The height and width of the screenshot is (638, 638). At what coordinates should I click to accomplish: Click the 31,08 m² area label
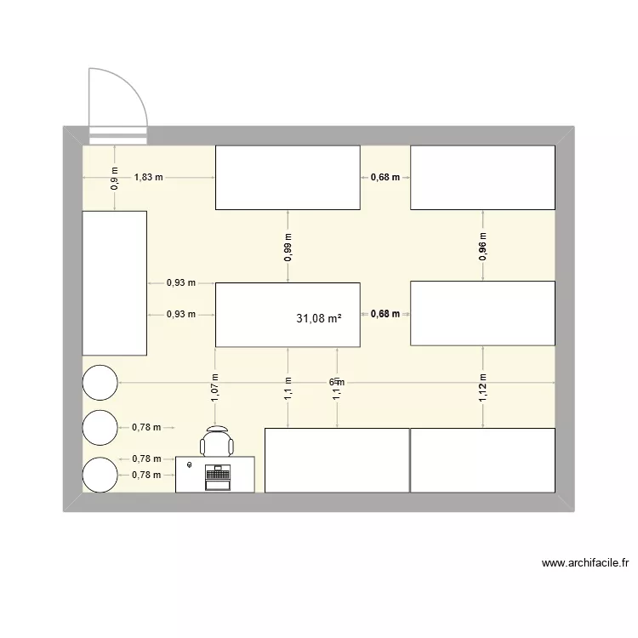319,319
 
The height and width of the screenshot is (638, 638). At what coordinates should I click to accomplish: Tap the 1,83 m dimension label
149,177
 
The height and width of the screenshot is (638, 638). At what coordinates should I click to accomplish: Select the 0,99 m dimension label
288,245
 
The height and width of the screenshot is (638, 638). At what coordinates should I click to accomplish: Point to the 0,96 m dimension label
482,245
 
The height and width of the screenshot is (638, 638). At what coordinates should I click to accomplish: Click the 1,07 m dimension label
215,387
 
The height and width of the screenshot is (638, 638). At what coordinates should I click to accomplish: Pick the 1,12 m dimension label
482,387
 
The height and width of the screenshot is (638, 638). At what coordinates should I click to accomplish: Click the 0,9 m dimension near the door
115,177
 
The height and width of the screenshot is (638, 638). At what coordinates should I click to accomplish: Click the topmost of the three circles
100,382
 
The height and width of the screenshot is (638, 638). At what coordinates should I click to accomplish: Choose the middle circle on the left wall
100,428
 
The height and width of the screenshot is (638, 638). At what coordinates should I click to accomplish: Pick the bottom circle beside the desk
100,475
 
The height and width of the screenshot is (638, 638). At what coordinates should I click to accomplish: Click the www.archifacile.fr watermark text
584,563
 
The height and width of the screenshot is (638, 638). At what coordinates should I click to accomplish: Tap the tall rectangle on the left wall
114,283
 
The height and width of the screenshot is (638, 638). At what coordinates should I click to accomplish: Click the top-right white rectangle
482,177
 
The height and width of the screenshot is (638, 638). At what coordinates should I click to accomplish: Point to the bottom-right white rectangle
482,460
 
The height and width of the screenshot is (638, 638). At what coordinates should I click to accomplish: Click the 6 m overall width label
336,382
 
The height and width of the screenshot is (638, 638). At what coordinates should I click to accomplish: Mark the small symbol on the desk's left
189,465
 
